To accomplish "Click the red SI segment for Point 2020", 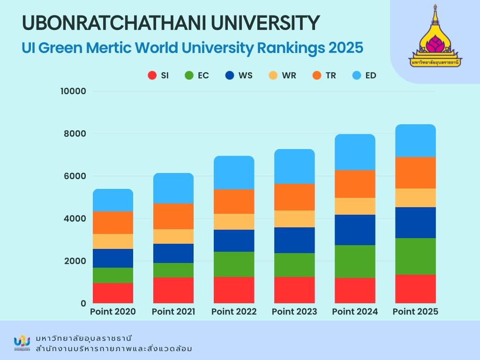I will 112,293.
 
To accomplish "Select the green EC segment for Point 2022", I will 234,264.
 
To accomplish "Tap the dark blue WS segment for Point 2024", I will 355,230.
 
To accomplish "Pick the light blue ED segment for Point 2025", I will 415,141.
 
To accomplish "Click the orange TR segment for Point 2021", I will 173,216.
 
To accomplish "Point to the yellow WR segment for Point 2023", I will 294,219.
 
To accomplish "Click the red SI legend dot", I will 152,75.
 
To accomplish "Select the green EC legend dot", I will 189,75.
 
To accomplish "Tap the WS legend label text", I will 245,75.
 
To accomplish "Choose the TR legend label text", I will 331,75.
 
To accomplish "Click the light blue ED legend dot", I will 357,75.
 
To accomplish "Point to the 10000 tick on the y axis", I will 73,91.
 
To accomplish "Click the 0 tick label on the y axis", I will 83,303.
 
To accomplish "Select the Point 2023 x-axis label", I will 294,312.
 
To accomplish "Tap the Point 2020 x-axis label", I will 112,312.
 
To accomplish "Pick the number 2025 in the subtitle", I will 345,48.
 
